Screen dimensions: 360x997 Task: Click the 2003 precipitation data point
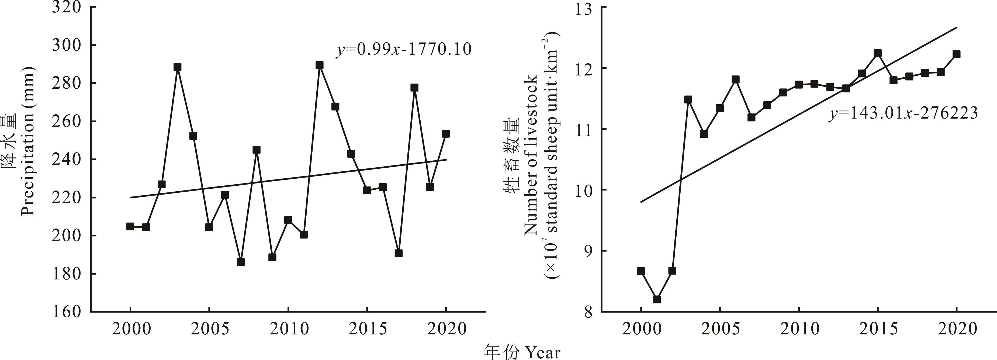(x=178, y=67)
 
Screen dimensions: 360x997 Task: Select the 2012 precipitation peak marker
(x=319, y=65)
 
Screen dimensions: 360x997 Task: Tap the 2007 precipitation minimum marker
(x=240, y=262)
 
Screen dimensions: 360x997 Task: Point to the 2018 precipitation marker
(x=414, y=88)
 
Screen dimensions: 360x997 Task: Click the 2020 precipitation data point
(x=446, y=134)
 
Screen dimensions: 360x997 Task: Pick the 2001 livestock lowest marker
(x=657, y=299)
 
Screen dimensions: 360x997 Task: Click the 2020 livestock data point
(x=956, y=54)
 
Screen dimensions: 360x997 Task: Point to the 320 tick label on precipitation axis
(x=67, y=8)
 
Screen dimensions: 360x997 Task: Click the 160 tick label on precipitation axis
(x=67, y=311)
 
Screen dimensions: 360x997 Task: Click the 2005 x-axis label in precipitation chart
(x=209, y=329)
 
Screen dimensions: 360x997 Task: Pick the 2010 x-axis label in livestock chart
(x=799, y=329)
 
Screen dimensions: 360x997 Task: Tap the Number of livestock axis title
(x=531, y=155)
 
